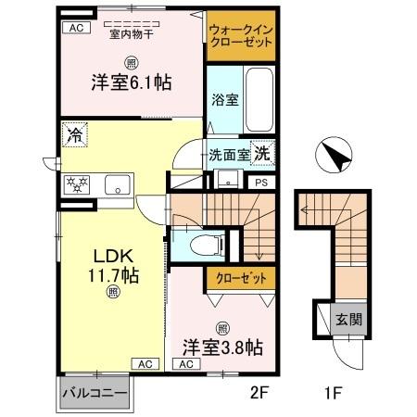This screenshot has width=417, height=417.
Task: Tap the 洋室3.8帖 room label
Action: coord(222,348)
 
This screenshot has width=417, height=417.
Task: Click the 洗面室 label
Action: coord(227,156)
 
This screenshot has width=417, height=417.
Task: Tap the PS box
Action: coord(262,183)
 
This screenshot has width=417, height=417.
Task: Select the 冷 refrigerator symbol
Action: coord(74,136)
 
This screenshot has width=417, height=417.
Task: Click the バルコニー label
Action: coord(95,391)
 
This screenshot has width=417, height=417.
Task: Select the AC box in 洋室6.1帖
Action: coord(74,28)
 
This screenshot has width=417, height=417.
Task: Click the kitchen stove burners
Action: coord(76,183)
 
